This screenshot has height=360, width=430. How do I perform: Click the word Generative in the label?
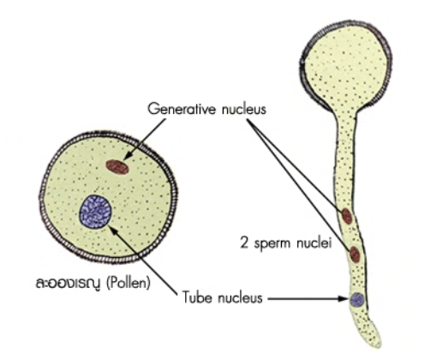tap(182, 109)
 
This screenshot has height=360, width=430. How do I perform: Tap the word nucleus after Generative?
tap(243, 109)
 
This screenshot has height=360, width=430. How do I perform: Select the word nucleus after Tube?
tap(240, 297)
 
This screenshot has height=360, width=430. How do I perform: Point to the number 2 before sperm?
tap(244, 243)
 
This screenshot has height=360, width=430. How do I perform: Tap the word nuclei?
tap(314, 243)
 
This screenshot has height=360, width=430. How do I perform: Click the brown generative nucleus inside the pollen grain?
tap(117, 167)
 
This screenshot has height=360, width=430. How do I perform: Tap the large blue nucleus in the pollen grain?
tap(95, 212)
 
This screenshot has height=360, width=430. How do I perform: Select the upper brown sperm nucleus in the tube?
tap(347, 216)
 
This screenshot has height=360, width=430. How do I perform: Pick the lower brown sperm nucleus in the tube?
tap(355, 255)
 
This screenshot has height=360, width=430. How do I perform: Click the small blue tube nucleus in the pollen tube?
tap(357, 299)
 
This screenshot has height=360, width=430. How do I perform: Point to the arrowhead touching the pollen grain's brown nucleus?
tap(128, 156)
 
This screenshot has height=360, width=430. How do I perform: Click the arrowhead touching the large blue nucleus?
tap(113, 230)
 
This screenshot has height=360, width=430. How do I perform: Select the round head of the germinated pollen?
tap(346, 66)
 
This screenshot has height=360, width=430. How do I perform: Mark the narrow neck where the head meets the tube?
tap(346, 116)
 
